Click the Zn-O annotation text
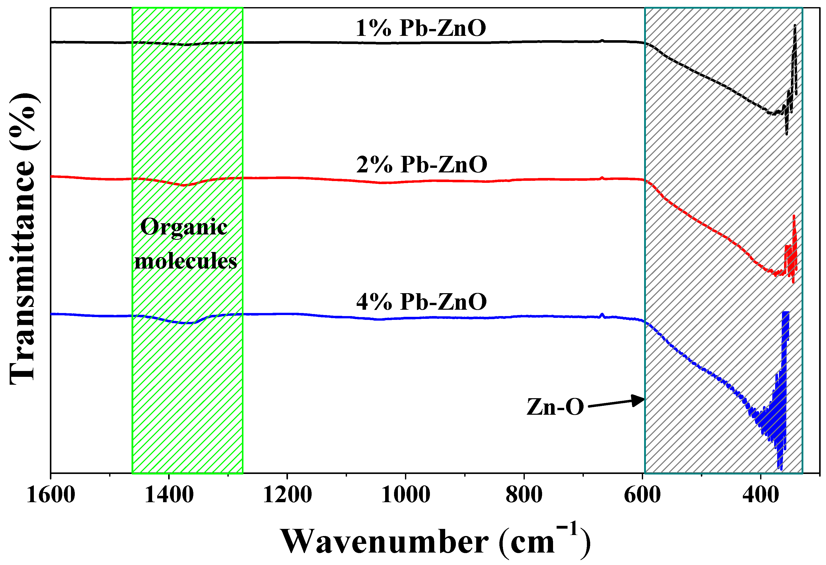pyautogui.click(x=555, y=407)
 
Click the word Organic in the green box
pyautogui.click(x=184, y=227)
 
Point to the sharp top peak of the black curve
pyautogui.click(x=795, y=26)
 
